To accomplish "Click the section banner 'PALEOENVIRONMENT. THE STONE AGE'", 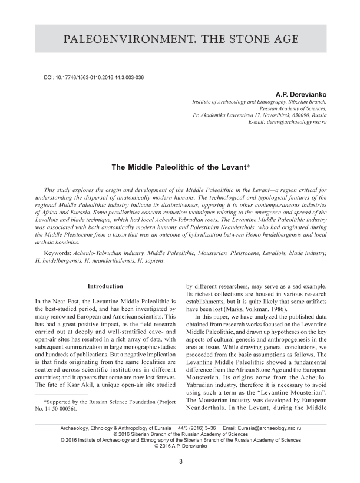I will click(180, 40).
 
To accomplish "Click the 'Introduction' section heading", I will click(105, 286).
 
